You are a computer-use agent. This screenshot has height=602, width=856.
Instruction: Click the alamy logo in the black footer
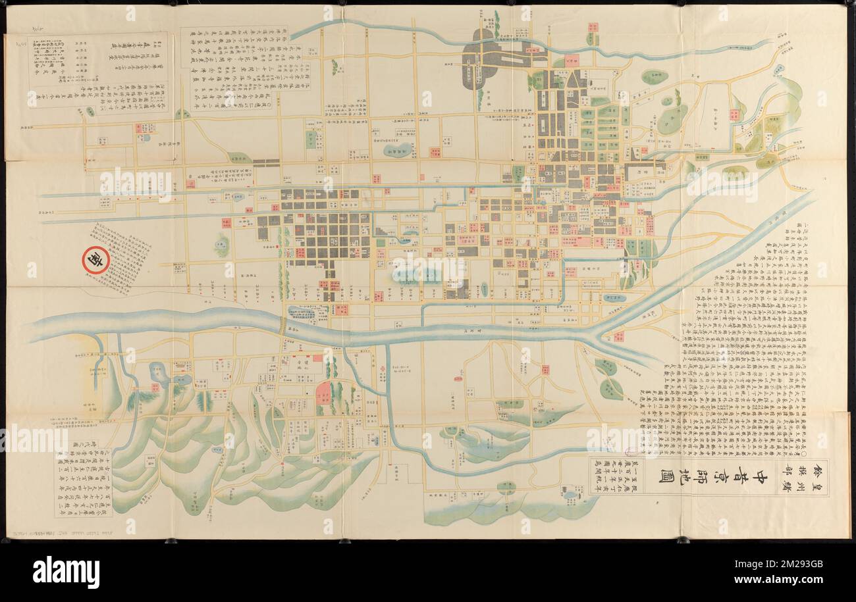click(x=66, y=571)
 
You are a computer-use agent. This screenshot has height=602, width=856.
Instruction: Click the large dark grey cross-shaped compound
click(x=479, y=59)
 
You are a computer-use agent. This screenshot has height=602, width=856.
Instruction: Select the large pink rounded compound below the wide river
click(x=323, y=393)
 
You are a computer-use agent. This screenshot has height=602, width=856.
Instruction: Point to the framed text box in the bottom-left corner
click(x=84, y=482)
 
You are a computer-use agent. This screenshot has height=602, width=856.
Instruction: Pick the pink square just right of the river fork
click(x=619, y=337)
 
